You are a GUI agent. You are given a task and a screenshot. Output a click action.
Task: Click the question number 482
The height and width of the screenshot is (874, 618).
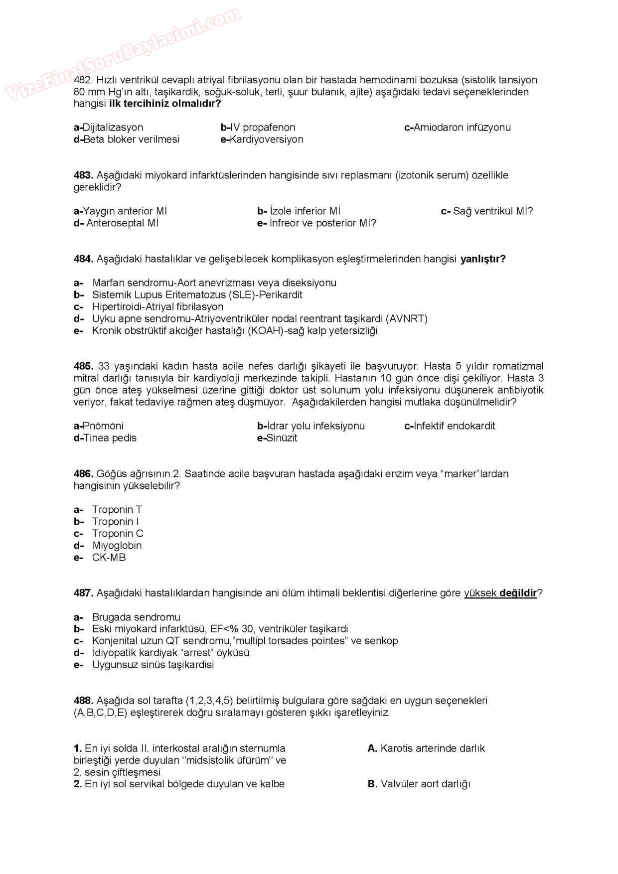(83, 80)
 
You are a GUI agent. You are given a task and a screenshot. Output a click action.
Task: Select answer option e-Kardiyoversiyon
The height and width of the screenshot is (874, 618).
(262, 140)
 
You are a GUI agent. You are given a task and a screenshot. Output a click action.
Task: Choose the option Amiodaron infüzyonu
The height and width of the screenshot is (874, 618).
(458, 128)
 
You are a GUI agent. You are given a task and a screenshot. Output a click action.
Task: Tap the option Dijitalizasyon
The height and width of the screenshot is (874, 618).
(108, 128)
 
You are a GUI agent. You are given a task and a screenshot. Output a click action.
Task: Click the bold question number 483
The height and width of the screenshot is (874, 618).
(83, 175)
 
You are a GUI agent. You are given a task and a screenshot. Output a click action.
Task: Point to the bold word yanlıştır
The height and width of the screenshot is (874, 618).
(482, 259)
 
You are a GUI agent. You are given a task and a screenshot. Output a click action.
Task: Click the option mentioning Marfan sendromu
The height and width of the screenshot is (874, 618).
(214, 283)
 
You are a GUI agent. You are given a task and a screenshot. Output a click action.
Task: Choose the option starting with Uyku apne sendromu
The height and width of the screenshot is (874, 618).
(259, 319)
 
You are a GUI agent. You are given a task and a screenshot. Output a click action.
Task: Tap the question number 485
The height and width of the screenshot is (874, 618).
(83, 366)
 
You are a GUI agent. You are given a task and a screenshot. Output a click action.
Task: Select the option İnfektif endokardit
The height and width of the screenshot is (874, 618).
(450, 426)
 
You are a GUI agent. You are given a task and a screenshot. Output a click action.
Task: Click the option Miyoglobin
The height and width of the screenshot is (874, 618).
(117, 546)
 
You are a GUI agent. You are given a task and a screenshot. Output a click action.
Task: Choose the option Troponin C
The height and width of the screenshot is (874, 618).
(117, 534)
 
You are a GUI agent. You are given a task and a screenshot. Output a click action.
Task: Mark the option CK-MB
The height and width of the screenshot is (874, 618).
(109, 558)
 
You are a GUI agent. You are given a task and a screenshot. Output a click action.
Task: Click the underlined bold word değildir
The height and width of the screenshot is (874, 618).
(518, 593)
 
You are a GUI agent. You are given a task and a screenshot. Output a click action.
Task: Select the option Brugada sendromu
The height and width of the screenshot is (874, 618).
(136, 617)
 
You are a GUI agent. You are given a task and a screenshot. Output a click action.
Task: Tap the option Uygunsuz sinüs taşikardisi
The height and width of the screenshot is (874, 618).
(153, 665)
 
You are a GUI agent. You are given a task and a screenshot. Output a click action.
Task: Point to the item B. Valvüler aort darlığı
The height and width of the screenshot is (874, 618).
(419, 784)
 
